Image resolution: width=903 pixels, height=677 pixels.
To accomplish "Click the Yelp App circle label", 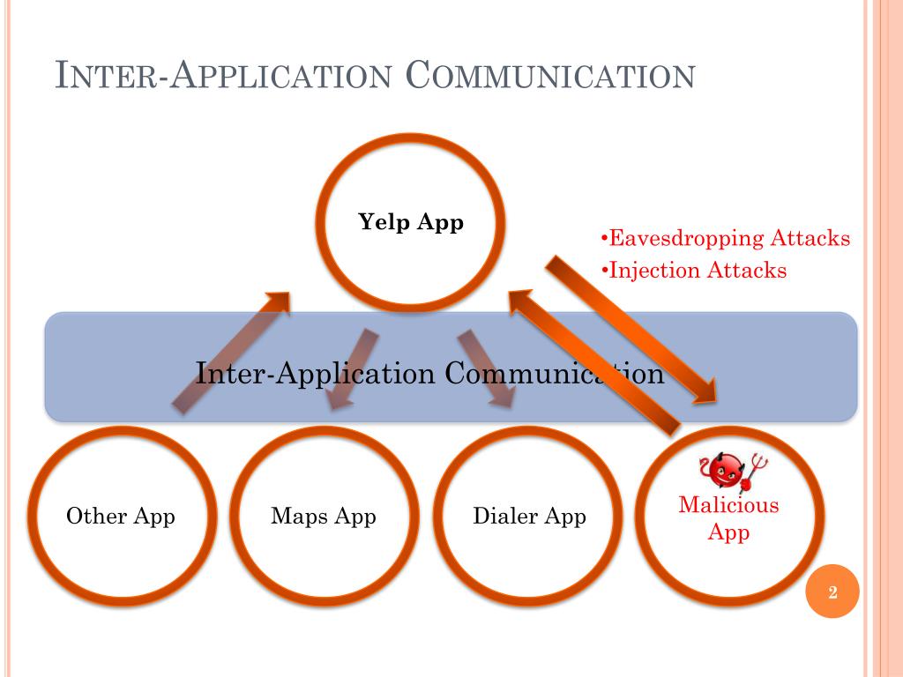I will tap(411, 223).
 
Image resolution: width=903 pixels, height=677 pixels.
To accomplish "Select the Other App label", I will tap(121, 516).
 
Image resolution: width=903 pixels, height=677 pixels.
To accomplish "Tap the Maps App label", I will tap(324, 516).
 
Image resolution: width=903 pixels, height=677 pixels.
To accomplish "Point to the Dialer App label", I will tap(529, 516).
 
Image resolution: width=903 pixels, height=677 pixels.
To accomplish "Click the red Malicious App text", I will tap(728, 518).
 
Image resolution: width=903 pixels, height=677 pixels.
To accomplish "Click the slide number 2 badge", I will tap(832, 591).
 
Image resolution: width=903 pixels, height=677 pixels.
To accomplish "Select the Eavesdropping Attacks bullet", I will tap(725, 238).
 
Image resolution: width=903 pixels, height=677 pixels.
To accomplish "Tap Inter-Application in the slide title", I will tap(223, 76).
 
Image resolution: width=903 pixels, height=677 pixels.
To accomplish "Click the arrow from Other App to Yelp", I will tap(231, 352).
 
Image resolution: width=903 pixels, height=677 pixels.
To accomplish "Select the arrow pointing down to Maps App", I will tap(349, 368).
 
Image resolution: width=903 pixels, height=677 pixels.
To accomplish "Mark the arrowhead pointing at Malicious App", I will tap(711, 389).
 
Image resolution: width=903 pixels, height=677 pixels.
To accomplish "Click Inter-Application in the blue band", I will tap(315, 373).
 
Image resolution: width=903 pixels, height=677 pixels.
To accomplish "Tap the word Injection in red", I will tap(653, 270).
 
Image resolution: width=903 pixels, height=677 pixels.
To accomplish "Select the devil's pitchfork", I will tap(754, 469).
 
